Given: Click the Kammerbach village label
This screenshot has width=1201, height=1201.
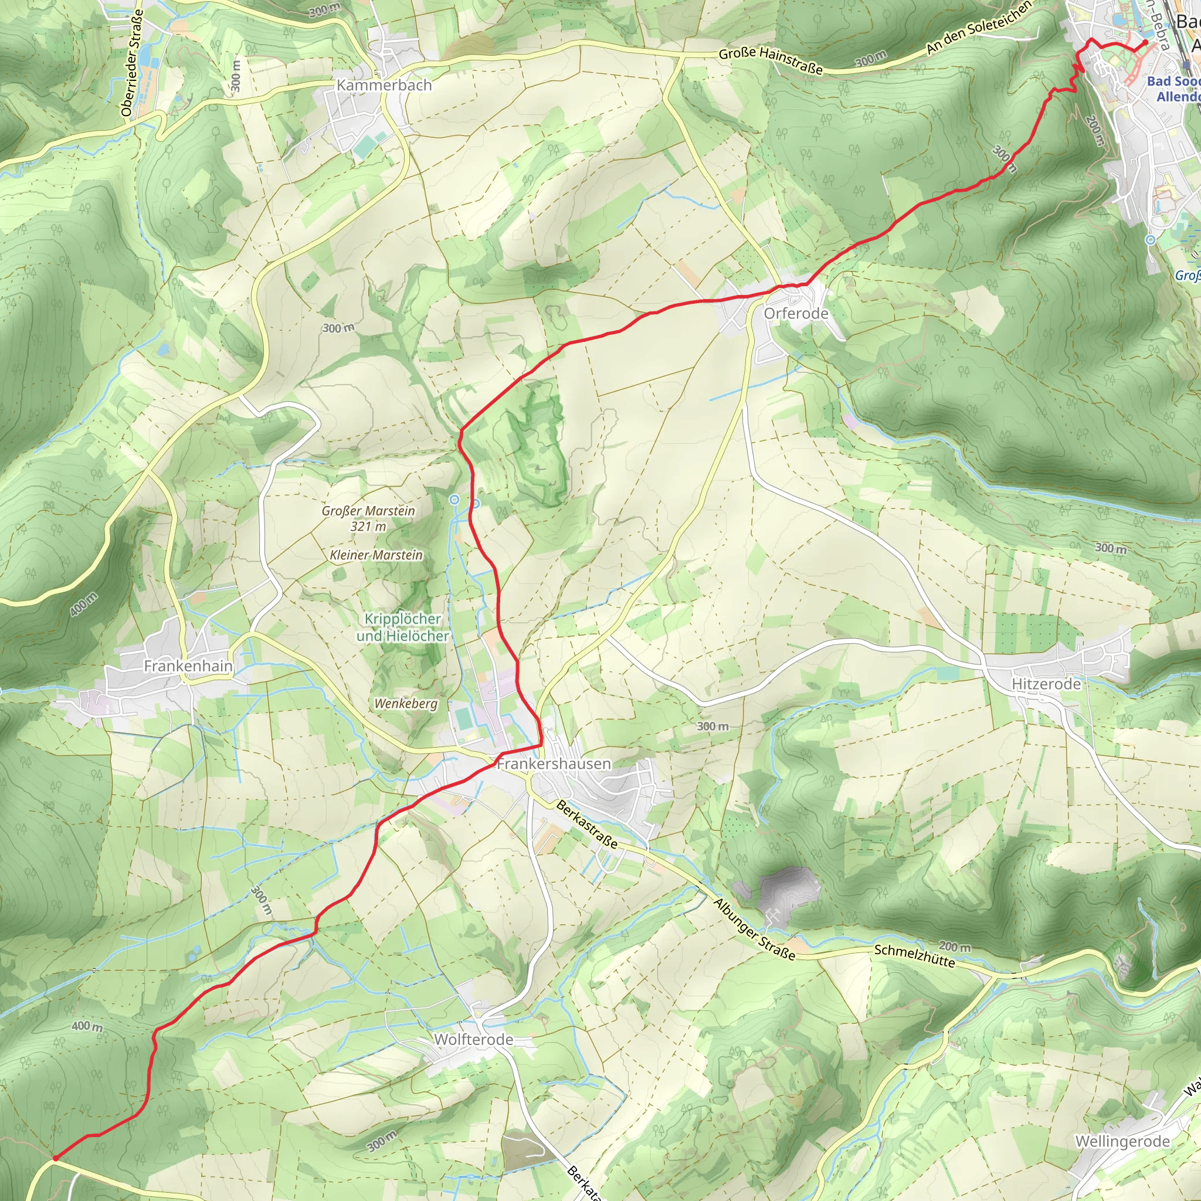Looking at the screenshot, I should [x=384, y=85].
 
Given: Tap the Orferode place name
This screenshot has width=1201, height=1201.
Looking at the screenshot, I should [x=796, y=313].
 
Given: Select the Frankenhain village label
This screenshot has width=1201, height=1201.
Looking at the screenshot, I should [x=188, y=666].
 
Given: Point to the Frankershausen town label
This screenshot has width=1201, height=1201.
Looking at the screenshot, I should [x=554, y=764].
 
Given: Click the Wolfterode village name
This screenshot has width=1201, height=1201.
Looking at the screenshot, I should [x=474, y=1039].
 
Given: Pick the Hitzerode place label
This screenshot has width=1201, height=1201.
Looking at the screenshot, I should [x=1046, y=684].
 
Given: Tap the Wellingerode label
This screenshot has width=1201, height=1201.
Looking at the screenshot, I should [x=1122, y=1141].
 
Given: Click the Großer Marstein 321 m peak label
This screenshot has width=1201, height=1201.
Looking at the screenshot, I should [x=368, y=518].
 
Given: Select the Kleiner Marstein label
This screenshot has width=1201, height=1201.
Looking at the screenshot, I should [x=376, y=555].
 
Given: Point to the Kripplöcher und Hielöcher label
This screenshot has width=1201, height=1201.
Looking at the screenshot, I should [x=403, y=627].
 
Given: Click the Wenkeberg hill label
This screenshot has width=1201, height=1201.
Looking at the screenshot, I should [x=405, y=704].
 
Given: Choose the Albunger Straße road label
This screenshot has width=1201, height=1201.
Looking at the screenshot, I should [x=754, y=929].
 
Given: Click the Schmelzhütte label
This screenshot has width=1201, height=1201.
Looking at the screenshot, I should [x=914, y=955].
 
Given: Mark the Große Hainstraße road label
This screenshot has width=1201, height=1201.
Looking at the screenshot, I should [x=771, y=60].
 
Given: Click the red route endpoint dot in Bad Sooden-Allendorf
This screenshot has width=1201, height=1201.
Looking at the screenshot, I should [x=1145, y=42].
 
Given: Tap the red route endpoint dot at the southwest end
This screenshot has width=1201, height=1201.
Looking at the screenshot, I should [x=55, y=1158].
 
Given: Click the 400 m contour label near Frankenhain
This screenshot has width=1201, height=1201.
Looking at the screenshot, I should [x=83, y=605].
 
